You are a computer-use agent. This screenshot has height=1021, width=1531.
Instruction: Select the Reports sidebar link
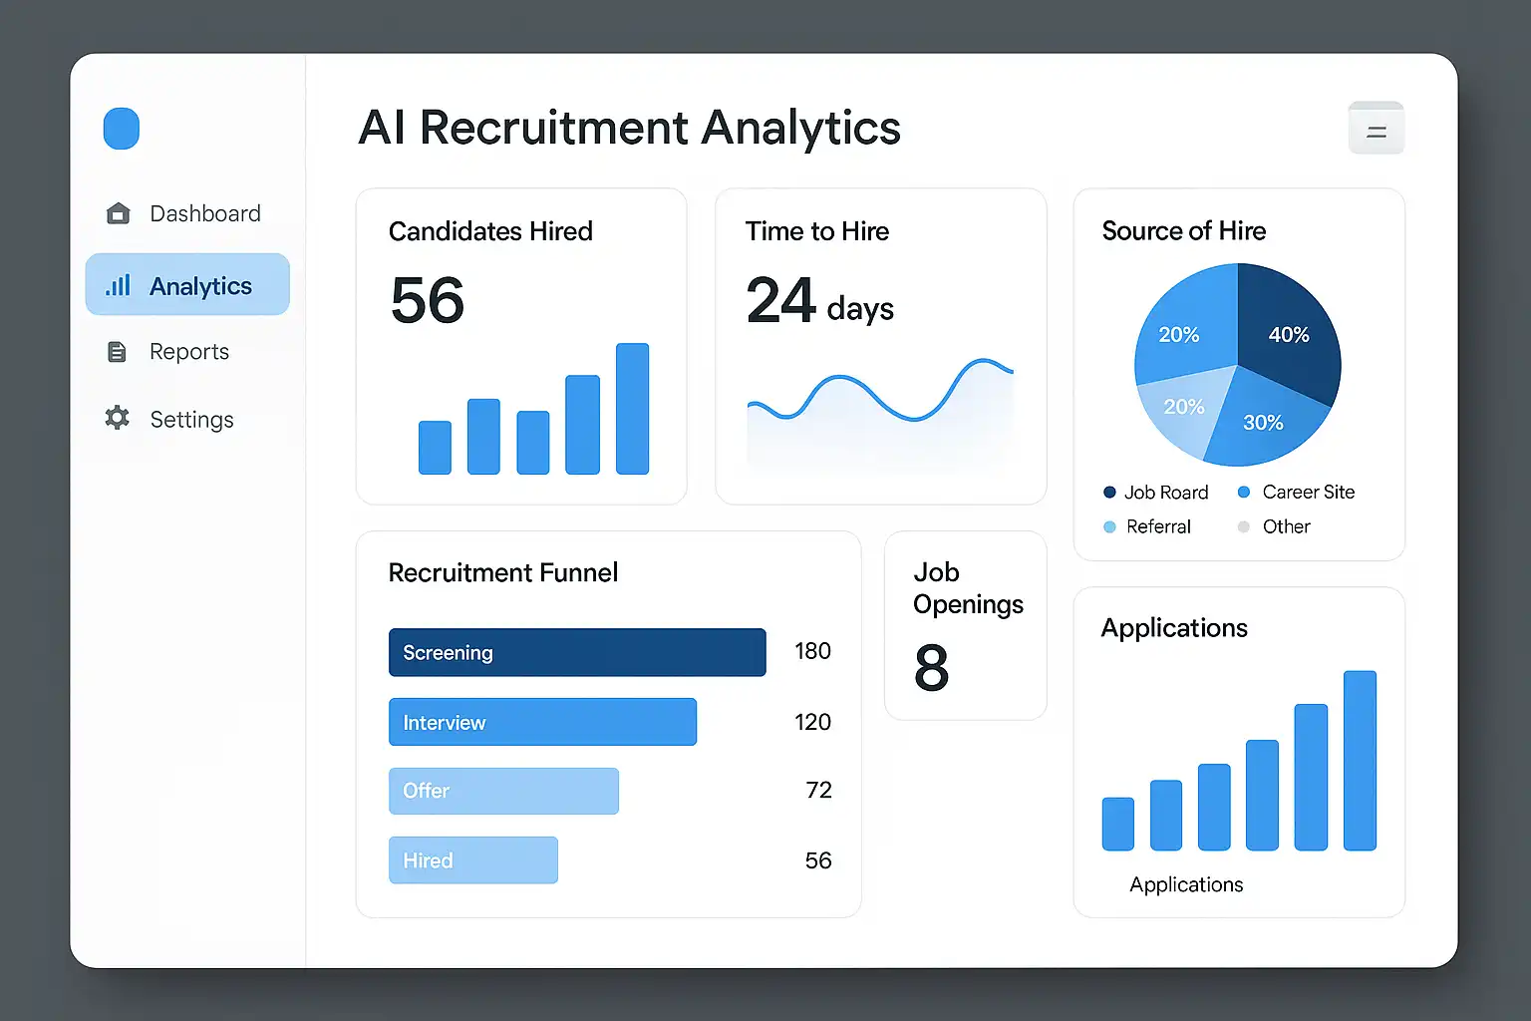click(x=188, y=352)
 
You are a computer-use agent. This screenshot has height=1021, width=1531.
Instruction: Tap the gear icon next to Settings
click(x=118, y=419)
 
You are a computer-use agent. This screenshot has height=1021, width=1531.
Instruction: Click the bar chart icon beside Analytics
click(x=119, y=286)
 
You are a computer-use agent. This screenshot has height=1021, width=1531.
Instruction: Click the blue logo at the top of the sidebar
click(x=122, y=129)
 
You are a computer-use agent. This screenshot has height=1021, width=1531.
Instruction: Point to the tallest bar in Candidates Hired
click(x=632, y=409)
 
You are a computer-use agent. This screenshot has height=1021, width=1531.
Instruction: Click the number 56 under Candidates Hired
click(x=428, y=300)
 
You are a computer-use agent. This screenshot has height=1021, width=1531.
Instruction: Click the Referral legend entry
click(x=1157, y=526)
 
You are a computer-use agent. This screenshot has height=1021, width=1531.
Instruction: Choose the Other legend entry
click(x=1285, y=526)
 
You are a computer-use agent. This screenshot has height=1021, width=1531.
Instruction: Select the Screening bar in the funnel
click(x=577, y=652)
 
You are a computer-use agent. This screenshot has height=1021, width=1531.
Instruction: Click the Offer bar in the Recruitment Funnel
click(x=503, y=791)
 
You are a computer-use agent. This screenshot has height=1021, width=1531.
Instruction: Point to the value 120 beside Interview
click(x=812, y=722)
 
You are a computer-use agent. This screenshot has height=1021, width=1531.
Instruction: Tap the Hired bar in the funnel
click(x=473, y=860)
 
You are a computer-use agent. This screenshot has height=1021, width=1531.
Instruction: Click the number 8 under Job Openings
click(x=931, y=668)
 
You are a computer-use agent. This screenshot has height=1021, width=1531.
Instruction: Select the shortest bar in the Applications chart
click(x=1117, y=824)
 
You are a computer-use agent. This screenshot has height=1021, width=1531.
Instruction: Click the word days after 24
click(x=860, y=309)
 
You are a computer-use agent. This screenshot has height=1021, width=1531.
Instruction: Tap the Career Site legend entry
click(x=1307, y=492)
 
